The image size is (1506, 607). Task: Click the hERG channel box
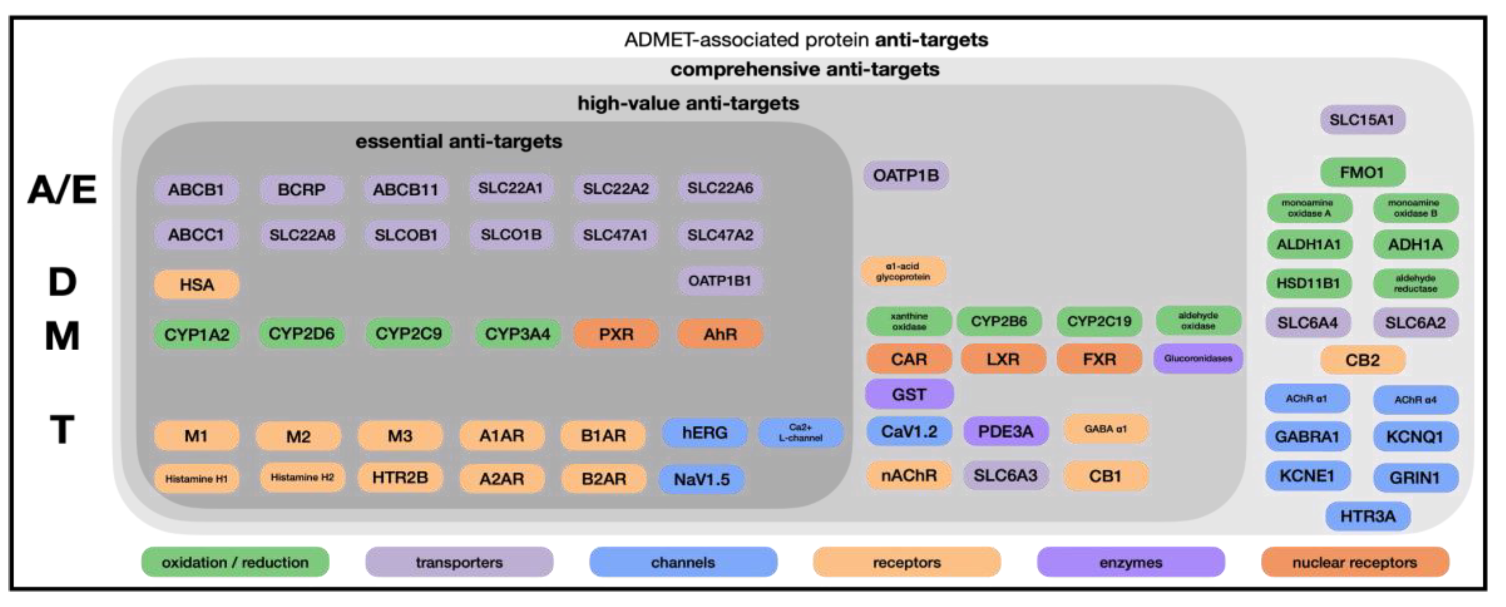704,433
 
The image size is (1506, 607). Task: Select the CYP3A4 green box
518,334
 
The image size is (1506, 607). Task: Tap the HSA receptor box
196,285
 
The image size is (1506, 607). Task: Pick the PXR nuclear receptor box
616,334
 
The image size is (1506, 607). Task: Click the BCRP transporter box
301,189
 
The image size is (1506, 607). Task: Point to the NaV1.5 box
701,479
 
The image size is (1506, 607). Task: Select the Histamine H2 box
302,477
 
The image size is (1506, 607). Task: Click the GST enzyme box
909,395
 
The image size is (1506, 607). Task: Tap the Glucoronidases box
1197,358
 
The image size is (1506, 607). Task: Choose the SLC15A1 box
1361,120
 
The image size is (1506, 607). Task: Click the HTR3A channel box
1367,516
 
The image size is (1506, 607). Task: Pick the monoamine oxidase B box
1415,208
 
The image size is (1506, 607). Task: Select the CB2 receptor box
1362,360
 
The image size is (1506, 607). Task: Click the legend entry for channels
683,562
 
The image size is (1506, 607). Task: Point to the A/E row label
62,190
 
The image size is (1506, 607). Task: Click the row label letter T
62,430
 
